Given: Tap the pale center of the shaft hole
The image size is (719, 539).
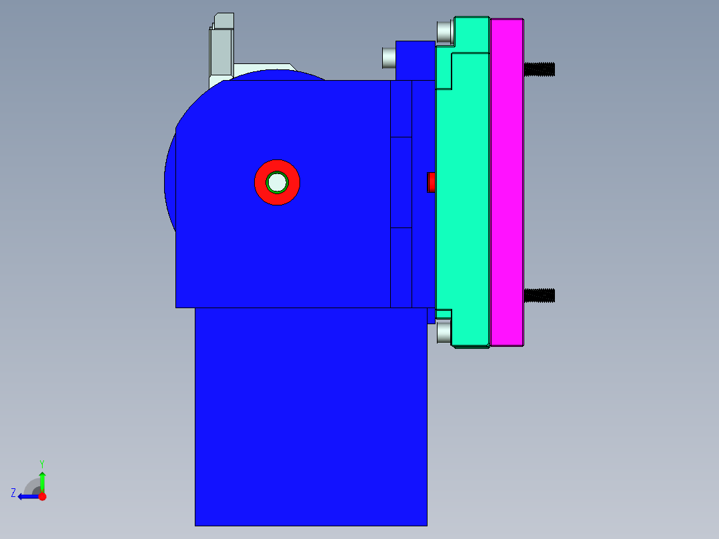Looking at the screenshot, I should (277, 181).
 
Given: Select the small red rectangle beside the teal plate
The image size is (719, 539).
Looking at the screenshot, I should (431, 182).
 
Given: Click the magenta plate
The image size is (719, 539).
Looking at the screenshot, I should (507, 182).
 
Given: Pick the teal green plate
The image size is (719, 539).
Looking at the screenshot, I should (463, 193).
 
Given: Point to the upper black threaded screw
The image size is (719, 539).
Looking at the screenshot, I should (540, 69).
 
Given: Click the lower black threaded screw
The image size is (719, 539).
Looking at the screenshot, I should (540, 295).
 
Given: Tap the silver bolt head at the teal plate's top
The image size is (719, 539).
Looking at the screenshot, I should (444, 31).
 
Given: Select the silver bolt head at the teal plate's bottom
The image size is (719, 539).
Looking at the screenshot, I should (444, 332).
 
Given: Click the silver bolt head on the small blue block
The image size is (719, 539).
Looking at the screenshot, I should (389, 58).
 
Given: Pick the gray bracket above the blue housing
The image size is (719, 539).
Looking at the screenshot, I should (221, 50).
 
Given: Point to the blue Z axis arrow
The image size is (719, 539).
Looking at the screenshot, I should (27, 496).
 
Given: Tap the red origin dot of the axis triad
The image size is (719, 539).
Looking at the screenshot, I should (42, 496).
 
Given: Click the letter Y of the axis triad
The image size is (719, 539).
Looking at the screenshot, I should (41, 463).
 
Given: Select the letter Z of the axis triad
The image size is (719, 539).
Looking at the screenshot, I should (13, 493).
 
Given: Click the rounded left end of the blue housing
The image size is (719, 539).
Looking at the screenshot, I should (172, 180).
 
